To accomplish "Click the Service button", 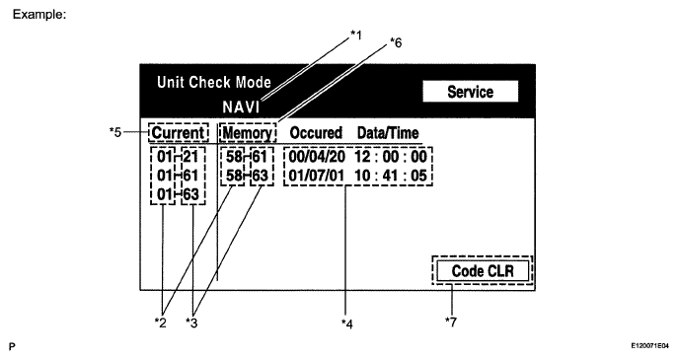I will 470,91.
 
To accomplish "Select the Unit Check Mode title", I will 213,82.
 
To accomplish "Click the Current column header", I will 179,132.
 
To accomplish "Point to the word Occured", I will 316,132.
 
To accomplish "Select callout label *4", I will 347,322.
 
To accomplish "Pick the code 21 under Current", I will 191,156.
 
